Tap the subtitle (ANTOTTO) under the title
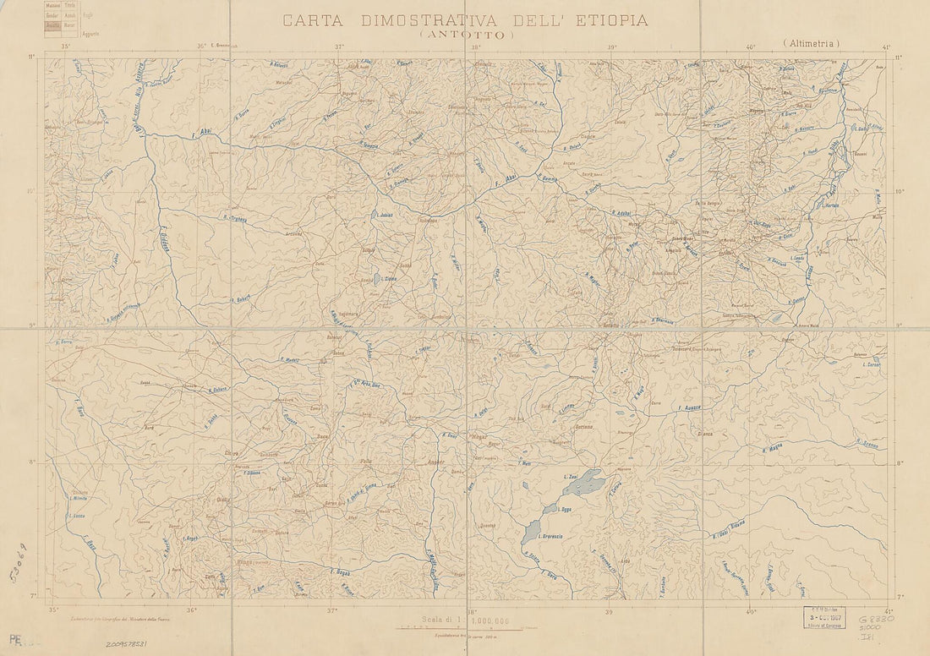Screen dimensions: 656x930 coord(466,36)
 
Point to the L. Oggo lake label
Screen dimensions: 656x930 coord(565,511)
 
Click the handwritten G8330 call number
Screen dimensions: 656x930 coord(874,620)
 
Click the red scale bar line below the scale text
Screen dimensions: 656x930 coord(461,629)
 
